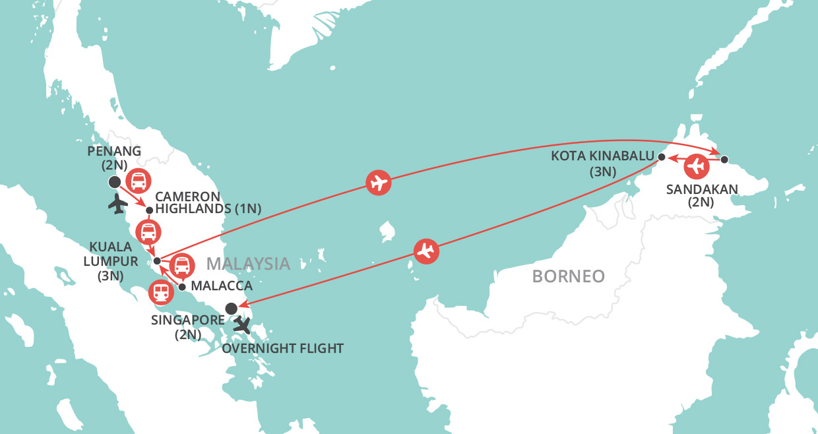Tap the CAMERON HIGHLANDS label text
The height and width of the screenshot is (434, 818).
207,202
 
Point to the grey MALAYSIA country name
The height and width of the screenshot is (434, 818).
248,264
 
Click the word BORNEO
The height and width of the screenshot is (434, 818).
568,276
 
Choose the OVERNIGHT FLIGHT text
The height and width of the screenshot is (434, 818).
283,348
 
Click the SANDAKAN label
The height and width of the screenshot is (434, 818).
702,196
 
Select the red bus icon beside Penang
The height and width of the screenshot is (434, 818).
138,179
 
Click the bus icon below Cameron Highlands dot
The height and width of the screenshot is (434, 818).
148,232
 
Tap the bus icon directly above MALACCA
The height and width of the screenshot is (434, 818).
182,265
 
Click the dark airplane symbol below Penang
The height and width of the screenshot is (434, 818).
117,204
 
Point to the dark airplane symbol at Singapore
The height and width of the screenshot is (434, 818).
243,325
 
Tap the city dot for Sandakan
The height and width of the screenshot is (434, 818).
724,159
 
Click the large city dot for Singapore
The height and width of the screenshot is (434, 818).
231,308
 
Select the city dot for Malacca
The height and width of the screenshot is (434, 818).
182,287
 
